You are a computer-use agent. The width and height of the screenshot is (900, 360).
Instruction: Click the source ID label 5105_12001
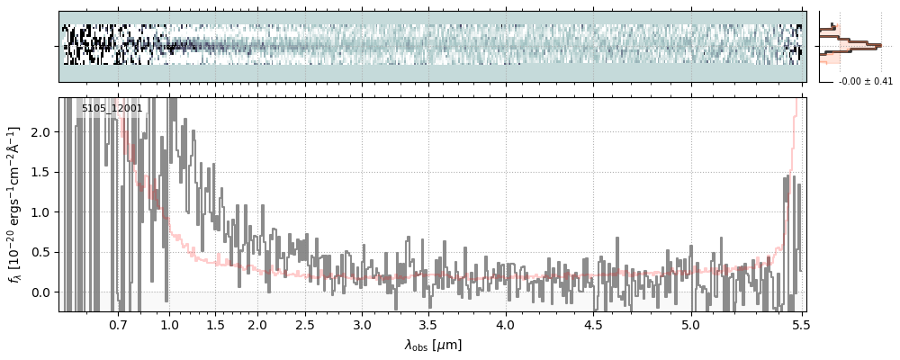(112, 109)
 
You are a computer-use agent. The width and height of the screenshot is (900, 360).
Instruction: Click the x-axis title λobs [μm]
(432, 344)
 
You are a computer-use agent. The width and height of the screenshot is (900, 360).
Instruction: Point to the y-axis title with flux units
(15, 204)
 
